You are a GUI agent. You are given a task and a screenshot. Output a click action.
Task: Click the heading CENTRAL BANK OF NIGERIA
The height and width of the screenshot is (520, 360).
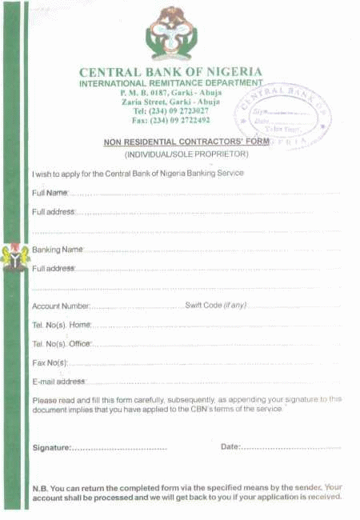coord(170,72)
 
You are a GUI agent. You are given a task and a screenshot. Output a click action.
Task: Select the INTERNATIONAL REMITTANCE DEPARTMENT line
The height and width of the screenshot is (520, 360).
coord(170,83)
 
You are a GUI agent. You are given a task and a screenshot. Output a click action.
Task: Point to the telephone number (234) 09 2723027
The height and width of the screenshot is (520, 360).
coord(170,110)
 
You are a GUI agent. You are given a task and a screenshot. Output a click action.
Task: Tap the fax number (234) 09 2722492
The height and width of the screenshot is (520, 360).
coord(170,120)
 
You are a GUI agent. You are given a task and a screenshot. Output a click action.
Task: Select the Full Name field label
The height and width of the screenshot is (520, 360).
coord(50,193)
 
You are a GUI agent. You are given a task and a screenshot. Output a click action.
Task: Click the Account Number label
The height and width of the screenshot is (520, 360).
coord(61,306)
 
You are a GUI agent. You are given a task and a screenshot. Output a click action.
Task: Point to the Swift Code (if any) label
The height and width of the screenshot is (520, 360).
coord(216,306)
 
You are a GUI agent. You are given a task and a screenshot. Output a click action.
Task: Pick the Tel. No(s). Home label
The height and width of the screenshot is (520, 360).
coord(62,325)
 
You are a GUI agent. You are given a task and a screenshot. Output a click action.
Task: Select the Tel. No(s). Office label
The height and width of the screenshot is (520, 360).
coord(62,344)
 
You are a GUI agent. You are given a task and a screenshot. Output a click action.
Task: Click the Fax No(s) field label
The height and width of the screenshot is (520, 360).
coord(50,362)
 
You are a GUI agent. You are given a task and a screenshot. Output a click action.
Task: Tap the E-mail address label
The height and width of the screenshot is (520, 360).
coord(58,382)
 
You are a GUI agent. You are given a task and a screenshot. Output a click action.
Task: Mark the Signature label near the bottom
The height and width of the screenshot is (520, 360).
coord(52,447)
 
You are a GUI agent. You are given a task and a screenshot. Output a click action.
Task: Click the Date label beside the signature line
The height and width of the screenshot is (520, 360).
coord(230,446)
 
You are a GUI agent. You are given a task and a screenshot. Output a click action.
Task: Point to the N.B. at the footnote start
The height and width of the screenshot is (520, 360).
coord(41,487)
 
